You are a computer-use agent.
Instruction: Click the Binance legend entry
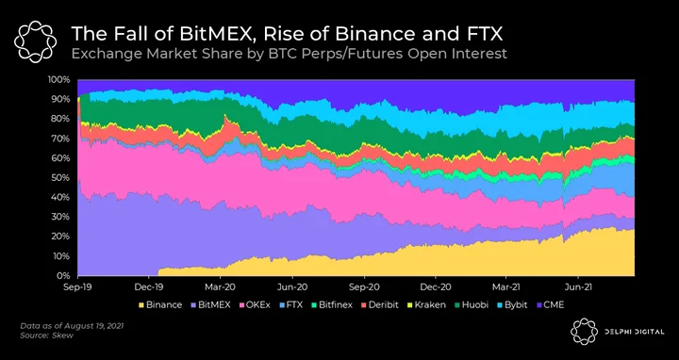click(159, 305)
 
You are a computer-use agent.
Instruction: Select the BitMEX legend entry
click(210, 305)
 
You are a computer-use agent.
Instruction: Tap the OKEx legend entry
click(255, 305)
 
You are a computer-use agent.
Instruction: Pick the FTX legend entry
click(290, 305)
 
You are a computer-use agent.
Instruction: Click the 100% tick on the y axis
click(58, 79)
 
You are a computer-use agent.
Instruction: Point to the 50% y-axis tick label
click(60, 178)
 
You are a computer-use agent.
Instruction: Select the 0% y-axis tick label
click(63, 275)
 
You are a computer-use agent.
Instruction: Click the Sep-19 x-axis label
click(77, 286)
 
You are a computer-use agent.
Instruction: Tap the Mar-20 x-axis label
click(220, 286)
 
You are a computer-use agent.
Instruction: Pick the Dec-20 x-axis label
click(435, 286)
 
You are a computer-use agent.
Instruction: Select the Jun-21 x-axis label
click(578, 286)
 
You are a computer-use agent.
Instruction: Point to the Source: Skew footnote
click(47, 335)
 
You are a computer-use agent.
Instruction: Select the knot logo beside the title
click(35, 41)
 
